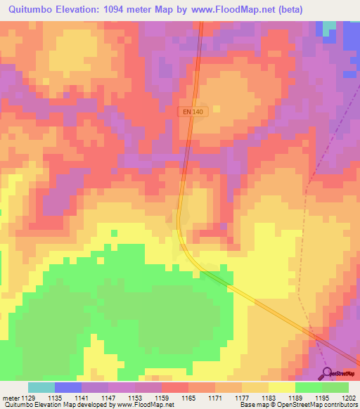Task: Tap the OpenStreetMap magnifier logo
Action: click(328, 372)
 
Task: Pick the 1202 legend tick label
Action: click(348, 398)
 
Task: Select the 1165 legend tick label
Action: click(188, 398)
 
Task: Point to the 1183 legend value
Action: click(269, 398)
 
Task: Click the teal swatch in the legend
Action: click(41, 387)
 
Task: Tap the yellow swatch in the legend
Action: click(281, 387)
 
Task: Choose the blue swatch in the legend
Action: click(67, 387)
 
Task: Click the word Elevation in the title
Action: click(83, 10)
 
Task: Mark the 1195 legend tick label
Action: click(321, 398)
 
